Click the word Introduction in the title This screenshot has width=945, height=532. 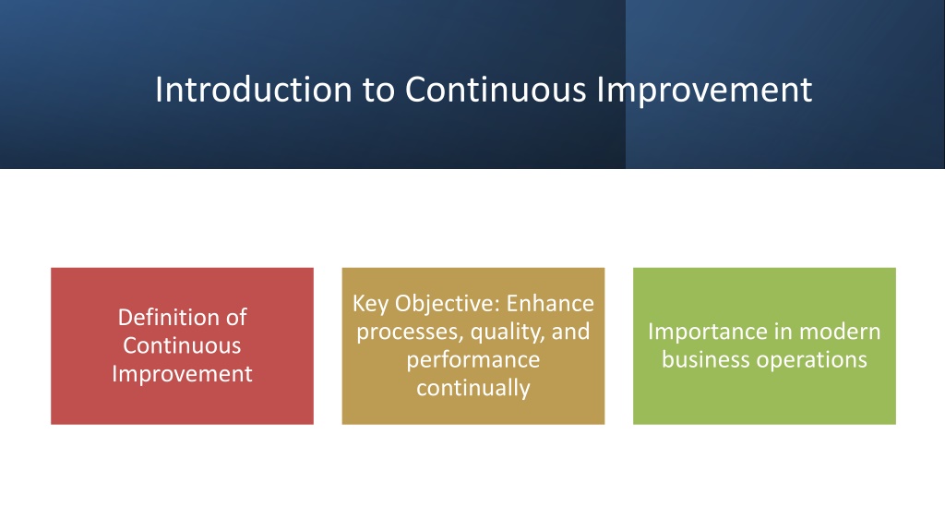(x=254, y=90)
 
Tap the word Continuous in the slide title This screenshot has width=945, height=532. (x=496, y=90)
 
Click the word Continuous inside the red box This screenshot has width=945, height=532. (x=182, y=345)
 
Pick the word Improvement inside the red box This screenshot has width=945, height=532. (x=182, y=375)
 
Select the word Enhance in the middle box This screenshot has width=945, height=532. (x=550, y=303)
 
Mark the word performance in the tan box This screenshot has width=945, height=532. (x=473, y=361)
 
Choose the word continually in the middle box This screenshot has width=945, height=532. (x=473, y=389)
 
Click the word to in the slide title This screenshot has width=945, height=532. (x=378, y=91)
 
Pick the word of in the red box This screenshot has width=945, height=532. (x=236, y=318)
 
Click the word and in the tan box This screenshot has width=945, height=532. (x=570, y=332)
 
